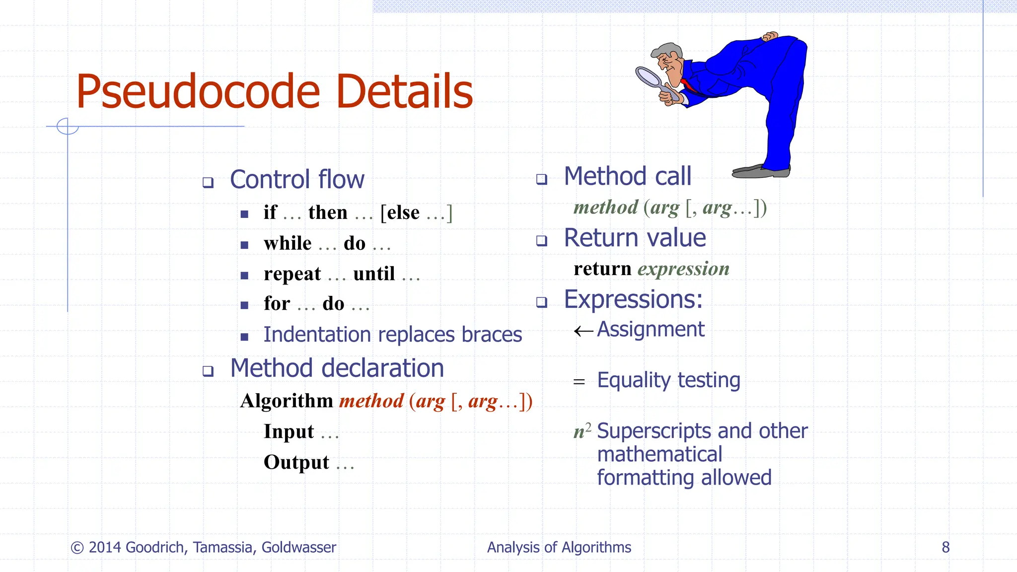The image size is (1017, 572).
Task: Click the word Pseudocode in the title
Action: [198, 92]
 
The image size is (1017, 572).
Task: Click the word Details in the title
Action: [404, 92]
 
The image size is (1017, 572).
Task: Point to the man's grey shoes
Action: [760, 171]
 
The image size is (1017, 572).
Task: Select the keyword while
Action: [288, 243]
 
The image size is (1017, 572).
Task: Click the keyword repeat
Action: [292, 274]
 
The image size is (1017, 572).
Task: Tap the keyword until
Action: [374, 274]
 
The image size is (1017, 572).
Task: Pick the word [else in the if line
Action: [400, 213]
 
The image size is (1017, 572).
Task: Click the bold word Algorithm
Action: [286, 401]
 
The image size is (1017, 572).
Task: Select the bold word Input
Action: [289, 431]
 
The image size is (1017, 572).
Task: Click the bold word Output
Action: [296, 462]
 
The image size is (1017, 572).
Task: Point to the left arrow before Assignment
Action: [583, 331]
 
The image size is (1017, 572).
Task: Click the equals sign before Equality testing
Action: [579, 382]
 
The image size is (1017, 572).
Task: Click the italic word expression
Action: [683, 269]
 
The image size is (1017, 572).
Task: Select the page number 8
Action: [945, 547]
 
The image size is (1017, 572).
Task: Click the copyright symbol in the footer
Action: [77, 548]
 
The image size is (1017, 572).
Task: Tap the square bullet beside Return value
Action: [542, 241]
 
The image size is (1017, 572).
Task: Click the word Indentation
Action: [317, 335]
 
